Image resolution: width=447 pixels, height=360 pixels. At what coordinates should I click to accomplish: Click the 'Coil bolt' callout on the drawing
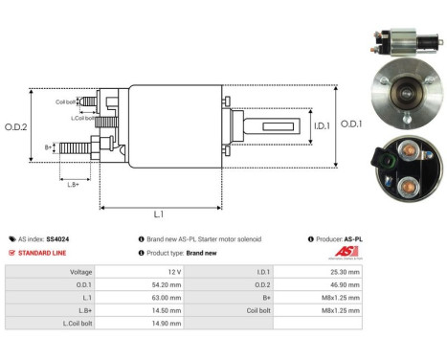[66, 101]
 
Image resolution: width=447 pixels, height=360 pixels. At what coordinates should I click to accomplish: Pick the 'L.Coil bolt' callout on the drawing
[83, 118]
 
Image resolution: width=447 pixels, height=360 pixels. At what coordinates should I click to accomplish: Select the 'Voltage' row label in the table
[82, 271]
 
